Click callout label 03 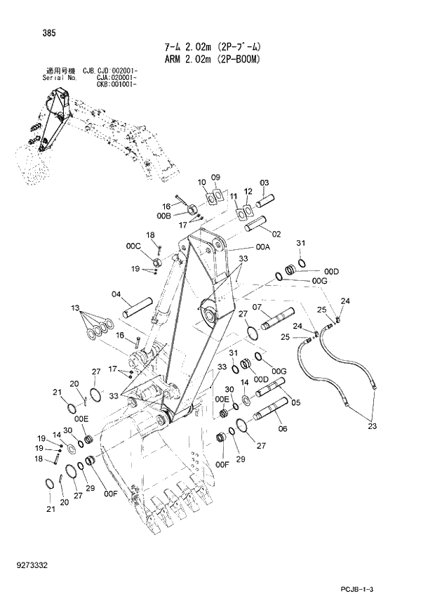[265, 183]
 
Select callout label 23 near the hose [372, 425]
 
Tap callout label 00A [263, 247]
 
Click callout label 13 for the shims [75, 307]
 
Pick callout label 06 [282, 428]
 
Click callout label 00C [133, 246]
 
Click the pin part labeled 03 [267, 199]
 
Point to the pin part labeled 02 [256, 226]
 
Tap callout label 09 [216, 177]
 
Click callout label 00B [163, 216]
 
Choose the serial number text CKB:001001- [109, 84]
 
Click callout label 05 [297, 402]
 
